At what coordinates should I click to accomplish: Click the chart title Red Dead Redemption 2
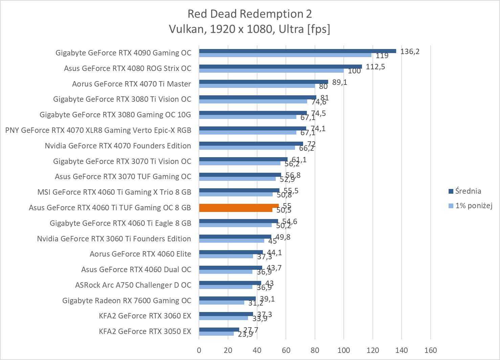point(250,14)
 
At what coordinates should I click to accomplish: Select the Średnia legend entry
point(468,191)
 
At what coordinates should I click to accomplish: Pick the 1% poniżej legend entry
point(473,206)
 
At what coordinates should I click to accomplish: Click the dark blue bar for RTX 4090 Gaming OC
point(297,51)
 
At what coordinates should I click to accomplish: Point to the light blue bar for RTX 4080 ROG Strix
point(271,71)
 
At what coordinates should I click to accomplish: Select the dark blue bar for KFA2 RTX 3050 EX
point(219,330)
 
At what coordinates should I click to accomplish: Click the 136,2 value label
point(410,51)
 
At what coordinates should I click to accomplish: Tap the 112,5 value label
point(376,67)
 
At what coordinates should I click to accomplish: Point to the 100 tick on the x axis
point(344,350)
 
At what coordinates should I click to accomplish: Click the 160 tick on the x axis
point(431,350)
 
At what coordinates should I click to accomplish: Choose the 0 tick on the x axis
point(199,350)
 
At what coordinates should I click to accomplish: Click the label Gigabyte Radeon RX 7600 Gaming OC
point(127,301)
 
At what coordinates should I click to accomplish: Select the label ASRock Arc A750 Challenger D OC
point(133,285)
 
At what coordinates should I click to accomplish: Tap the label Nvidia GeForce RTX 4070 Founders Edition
point(118,146)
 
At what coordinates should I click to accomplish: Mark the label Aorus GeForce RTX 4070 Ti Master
point(131,84)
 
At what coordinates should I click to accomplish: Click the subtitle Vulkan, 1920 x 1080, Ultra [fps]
point(250,29)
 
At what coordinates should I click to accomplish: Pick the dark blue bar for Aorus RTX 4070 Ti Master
point(263,82)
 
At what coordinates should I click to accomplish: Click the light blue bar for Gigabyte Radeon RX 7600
point(221,303)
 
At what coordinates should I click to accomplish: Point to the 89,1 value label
point(340,82)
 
